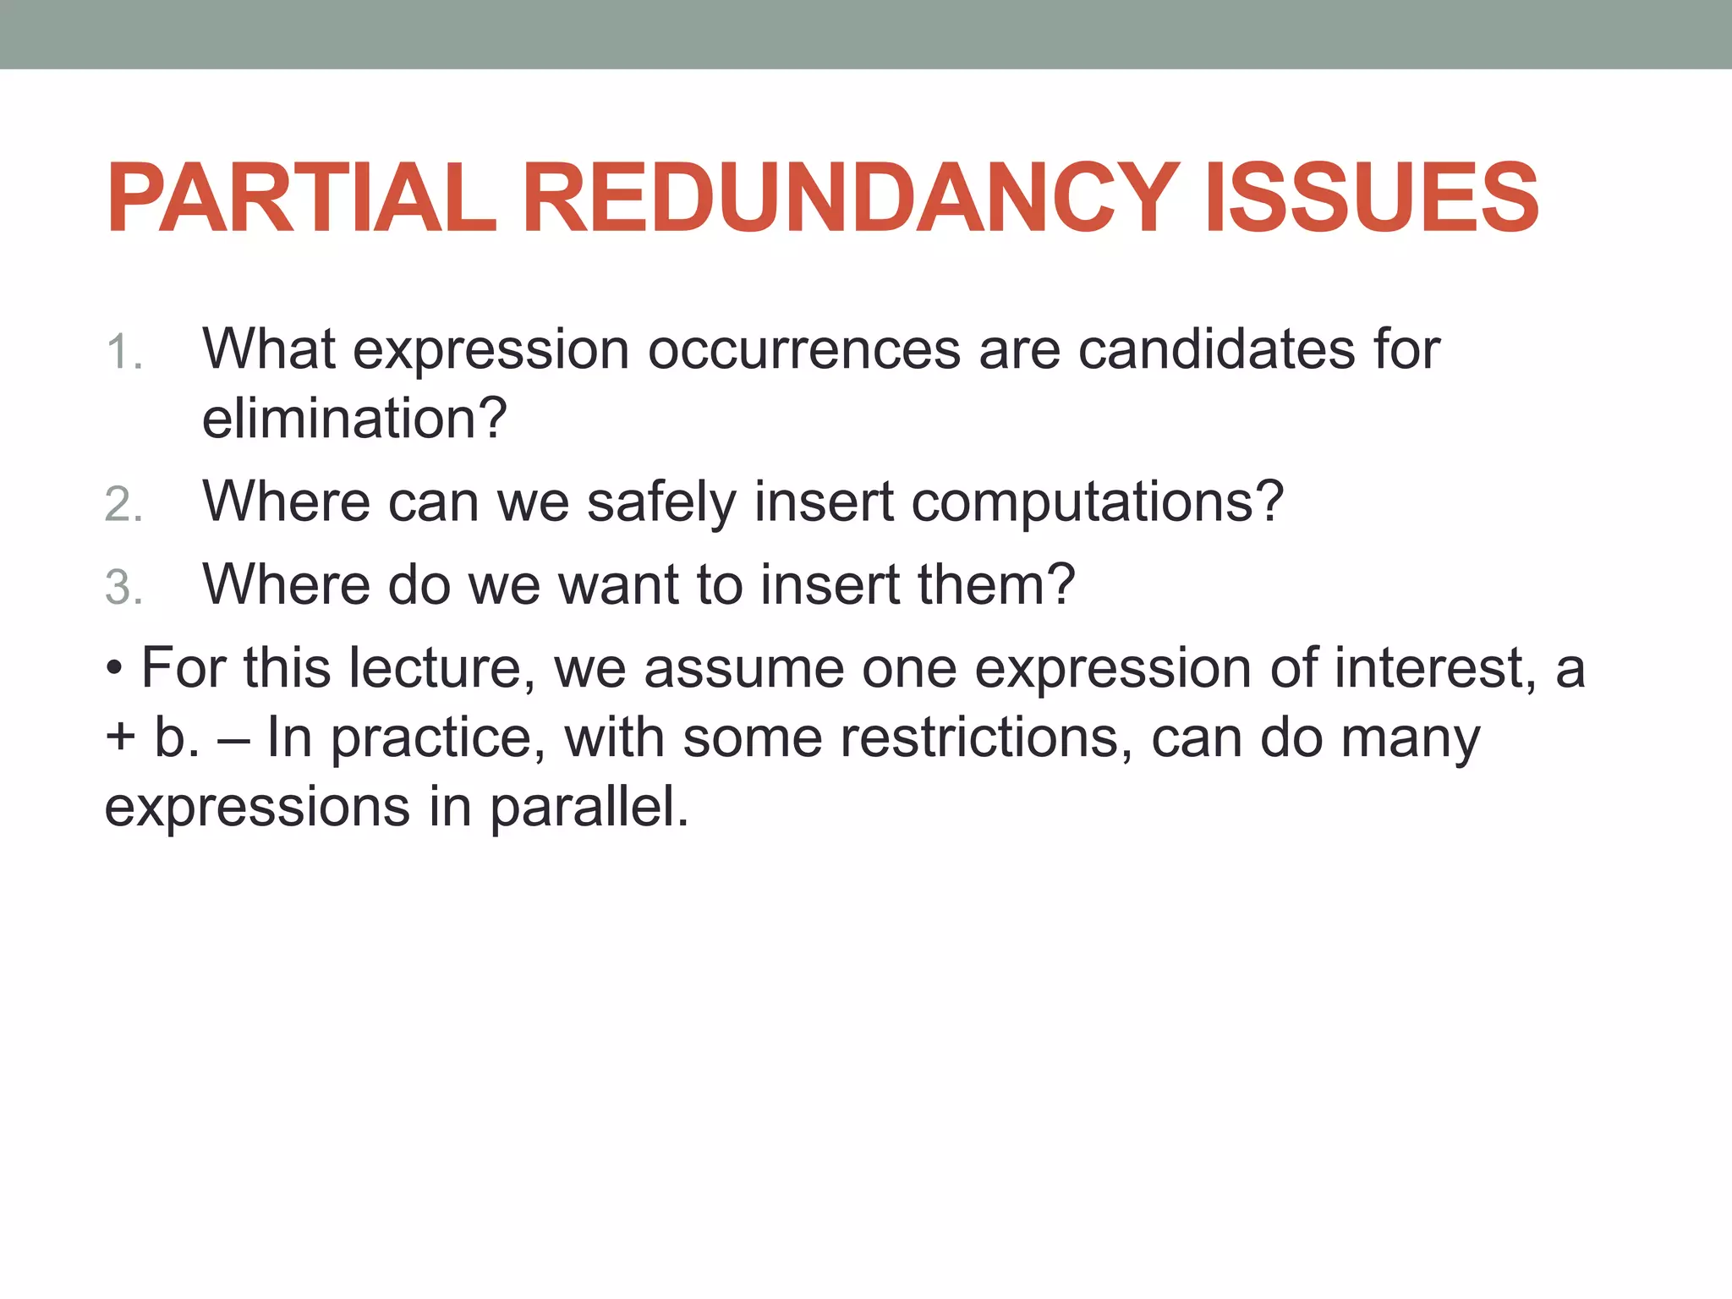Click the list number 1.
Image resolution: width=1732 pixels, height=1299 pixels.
click(123, 352)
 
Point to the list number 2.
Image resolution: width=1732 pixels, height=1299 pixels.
click(123, 505)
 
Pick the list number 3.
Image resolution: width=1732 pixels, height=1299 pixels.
click(123, 588)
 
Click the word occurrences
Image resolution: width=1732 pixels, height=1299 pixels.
click(803, 349)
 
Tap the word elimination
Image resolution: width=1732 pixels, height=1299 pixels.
click(354, 419)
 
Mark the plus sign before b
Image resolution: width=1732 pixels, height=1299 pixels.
click(120, 738)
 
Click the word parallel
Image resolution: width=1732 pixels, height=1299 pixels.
click(589, 807)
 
